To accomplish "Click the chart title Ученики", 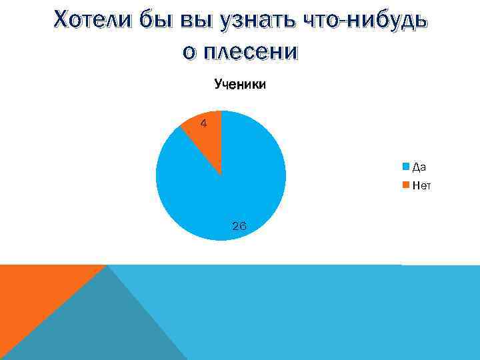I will pos(240,85).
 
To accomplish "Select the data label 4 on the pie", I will pos(204,123).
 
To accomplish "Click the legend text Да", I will pos(419,167).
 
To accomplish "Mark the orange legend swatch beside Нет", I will pos(406,186).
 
